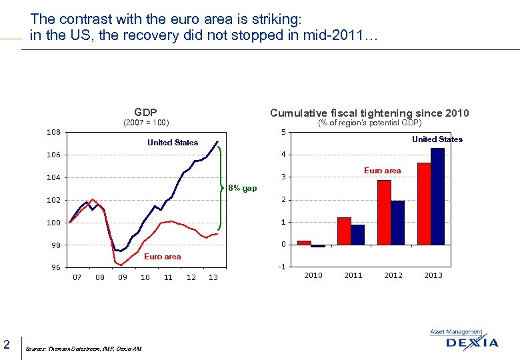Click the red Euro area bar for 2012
tap(384, 212)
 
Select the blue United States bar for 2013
tap(437, 196)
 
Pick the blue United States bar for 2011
tap(357, 235)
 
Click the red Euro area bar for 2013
tap(424, 203)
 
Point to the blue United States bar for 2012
tap(397, 223)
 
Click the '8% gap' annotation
tap(242, 188)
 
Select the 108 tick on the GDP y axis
tap(53, 133)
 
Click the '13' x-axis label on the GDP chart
tap(213, 277)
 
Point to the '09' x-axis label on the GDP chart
tap(122, 277)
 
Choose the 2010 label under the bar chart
tap(313, 275)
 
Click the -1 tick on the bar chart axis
tap(282, 267)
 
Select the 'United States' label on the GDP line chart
tap(173, 143)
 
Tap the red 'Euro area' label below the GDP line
tap(163, 257)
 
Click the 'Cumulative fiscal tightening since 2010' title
tap(369, 113)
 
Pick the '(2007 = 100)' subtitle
tap(146, 123)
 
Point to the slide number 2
tap(6, 344)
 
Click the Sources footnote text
tap(83, 349)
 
